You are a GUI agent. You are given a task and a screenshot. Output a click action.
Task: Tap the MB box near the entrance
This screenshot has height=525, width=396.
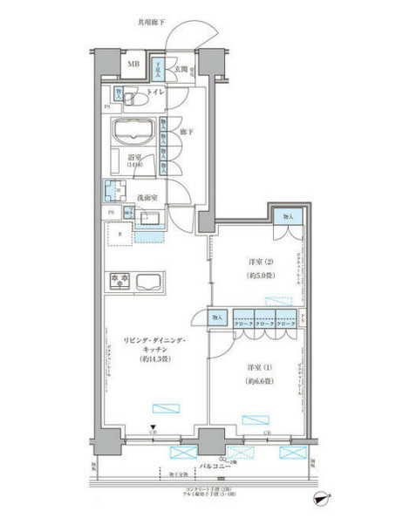(134, 65)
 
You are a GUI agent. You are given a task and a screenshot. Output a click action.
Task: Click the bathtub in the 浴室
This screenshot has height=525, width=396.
(133, 133)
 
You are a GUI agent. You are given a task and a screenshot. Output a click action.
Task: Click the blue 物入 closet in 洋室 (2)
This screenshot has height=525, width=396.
(287, 216)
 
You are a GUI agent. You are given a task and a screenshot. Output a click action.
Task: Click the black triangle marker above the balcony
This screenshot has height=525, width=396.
(153, 426)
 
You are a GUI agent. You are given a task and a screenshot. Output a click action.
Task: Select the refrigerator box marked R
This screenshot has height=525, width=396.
(119, 234)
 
